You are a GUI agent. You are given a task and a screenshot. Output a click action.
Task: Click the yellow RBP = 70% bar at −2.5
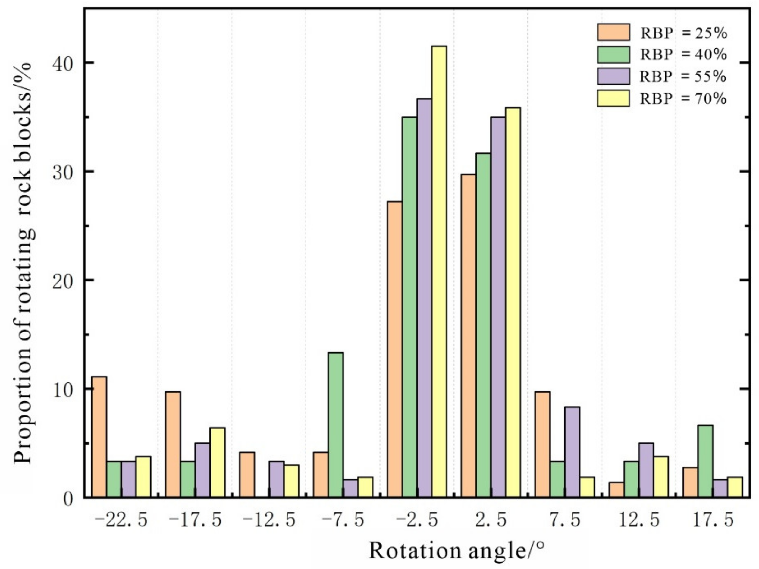[439, 271]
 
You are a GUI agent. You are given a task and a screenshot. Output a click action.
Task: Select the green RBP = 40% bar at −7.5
[336, 425]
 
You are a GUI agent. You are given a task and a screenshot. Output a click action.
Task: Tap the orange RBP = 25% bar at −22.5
[99, 436]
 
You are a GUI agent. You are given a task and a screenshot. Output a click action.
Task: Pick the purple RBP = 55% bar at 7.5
[572, 452]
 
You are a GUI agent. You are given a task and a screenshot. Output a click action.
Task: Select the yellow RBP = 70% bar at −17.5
[218, 462]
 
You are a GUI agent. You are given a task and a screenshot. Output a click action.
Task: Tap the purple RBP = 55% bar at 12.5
[646, 470]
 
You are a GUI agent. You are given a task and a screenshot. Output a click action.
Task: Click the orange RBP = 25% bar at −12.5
[247, 474]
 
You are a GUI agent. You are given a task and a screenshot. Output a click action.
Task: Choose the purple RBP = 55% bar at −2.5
[424, 297]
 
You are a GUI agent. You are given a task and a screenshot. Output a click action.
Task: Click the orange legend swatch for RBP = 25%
[613, 32]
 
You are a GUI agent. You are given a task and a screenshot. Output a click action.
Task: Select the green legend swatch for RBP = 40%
[613, 55]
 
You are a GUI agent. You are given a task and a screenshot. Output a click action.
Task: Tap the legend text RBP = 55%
[683, 77]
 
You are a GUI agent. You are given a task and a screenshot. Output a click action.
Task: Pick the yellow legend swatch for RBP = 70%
[613, 99]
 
